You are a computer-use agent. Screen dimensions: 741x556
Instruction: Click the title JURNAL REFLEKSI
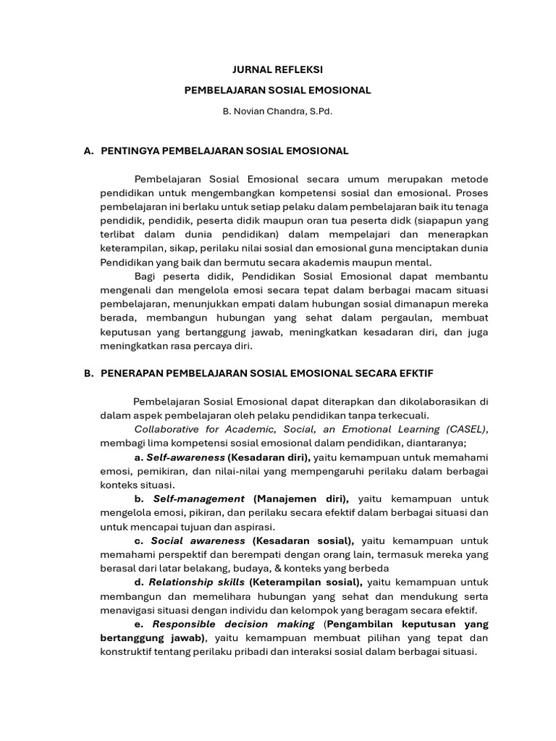[277, 70]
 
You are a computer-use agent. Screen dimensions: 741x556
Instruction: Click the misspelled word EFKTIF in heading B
[416, 373]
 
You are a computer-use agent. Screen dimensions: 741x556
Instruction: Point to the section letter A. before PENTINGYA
[89, 151]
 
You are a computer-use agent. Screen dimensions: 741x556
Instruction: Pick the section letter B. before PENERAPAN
[89, 373]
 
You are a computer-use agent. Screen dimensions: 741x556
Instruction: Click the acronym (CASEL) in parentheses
[466, 429]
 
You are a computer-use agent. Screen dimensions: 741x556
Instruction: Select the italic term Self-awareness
[185, 457]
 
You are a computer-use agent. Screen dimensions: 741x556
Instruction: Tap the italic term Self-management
[199, 499]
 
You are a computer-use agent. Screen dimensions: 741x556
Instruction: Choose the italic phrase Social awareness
[198, 541]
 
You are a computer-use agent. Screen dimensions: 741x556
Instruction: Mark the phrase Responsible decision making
[233, 624]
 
